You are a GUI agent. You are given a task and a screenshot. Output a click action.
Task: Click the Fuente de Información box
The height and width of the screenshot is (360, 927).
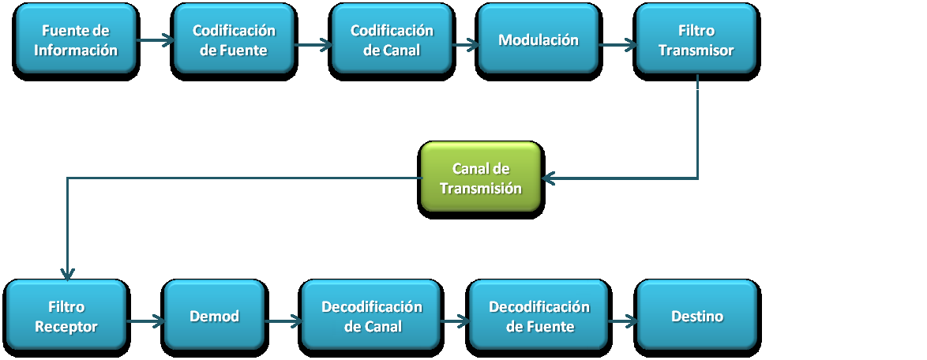(76, 41)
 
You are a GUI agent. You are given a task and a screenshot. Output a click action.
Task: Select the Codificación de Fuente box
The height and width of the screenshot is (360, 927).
(234, 41)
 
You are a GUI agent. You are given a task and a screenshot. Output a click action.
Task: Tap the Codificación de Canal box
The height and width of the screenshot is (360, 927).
(392, 41)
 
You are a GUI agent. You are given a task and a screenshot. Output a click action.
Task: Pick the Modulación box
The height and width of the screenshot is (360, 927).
(539, 41)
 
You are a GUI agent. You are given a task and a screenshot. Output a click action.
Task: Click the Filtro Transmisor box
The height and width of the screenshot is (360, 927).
(696, 41)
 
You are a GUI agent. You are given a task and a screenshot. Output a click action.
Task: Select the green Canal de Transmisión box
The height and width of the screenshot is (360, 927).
(481, 178)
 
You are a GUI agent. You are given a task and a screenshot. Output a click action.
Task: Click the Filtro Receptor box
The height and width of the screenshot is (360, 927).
(66, 317)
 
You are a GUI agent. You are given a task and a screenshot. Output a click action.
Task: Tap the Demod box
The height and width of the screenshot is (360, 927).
(214, 317)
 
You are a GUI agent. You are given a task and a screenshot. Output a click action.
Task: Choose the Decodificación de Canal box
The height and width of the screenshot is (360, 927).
(372, 317)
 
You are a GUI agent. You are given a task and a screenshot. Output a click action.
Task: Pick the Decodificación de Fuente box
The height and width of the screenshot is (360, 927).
(539, 317)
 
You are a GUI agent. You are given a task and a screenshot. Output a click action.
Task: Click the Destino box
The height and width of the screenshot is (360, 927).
(697, 317)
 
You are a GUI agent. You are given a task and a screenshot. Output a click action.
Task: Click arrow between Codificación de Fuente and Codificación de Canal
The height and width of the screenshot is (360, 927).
(313, 45)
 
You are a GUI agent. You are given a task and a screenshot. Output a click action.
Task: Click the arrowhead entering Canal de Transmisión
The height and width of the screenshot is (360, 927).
(550, 178)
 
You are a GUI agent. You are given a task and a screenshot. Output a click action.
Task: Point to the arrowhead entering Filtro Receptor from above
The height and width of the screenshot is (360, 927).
(67, 272)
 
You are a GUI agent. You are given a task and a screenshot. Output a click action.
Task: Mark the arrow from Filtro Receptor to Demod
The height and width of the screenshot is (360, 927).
(145, 321)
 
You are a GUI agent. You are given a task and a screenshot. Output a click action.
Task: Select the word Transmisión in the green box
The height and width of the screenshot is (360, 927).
(481, 189)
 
